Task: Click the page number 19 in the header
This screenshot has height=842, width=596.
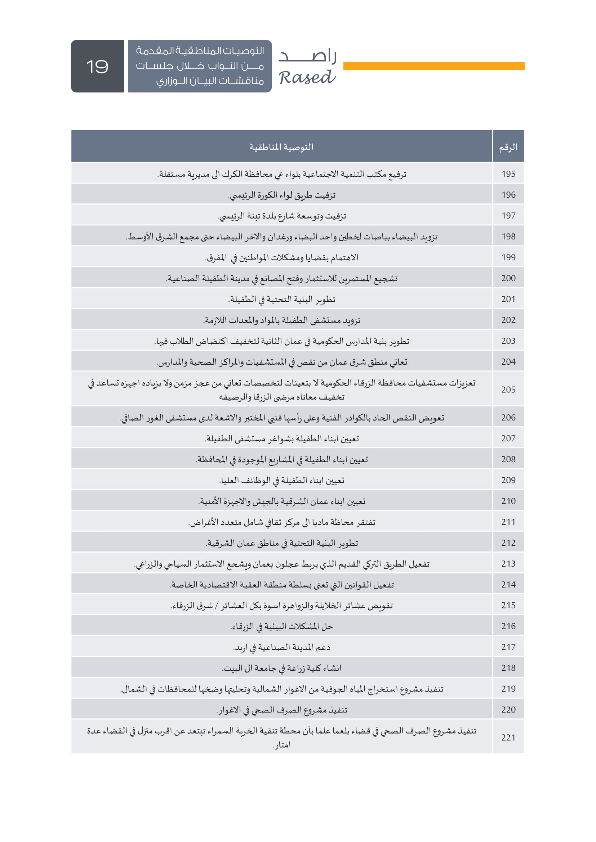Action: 97,66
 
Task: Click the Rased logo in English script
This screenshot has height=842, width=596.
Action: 307,78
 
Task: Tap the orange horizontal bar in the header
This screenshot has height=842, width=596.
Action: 433,66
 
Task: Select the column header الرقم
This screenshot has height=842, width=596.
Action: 508,147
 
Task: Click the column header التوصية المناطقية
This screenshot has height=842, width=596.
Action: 281,147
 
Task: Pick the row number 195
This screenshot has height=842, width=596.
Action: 508,174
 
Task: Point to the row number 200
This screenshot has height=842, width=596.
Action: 508,278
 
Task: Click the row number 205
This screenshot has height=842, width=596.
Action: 508,390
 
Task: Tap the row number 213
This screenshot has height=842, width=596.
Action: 508,564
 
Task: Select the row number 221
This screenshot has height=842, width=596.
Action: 508,738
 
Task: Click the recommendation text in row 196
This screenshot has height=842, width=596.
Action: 281,195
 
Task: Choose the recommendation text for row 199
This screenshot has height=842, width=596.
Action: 281,258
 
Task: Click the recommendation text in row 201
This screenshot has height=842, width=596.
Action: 281,300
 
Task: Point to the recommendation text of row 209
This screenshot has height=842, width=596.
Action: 281,481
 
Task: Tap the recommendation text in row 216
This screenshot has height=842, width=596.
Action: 281,626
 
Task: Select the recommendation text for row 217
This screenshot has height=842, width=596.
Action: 281,647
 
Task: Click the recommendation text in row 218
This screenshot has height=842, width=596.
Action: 281,668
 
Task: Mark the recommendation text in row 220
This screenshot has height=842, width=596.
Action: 281,710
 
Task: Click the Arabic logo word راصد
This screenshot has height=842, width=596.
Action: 307,56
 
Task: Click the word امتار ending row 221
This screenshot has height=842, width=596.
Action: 282,745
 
